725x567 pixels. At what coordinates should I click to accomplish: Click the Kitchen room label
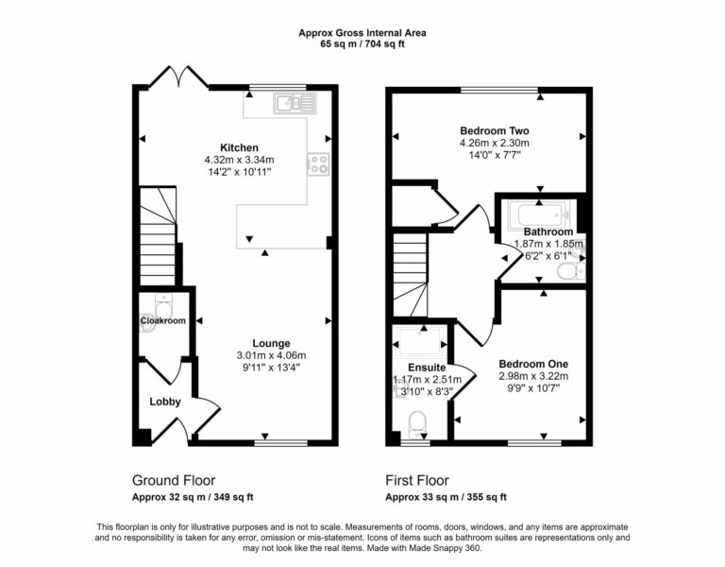[240, 147]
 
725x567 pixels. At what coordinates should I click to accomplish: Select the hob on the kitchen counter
[318, 164]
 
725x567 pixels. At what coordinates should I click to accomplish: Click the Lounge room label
[271, 343]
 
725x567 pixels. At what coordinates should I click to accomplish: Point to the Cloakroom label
[162, 321]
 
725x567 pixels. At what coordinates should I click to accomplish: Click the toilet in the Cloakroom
[162, 306]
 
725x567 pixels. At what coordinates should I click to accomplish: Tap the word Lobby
[165, 402]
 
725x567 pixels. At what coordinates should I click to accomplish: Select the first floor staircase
[410, 274]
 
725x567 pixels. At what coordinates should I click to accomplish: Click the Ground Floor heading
[174, 480]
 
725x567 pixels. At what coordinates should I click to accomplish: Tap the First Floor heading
[416, 480]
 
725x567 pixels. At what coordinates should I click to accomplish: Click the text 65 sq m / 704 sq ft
[362, 44]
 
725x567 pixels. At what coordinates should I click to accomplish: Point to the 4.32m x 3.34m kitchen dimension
[239, 160]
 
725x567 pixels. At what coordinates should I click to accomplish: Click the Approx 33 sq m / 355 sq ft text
[446, 497]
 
